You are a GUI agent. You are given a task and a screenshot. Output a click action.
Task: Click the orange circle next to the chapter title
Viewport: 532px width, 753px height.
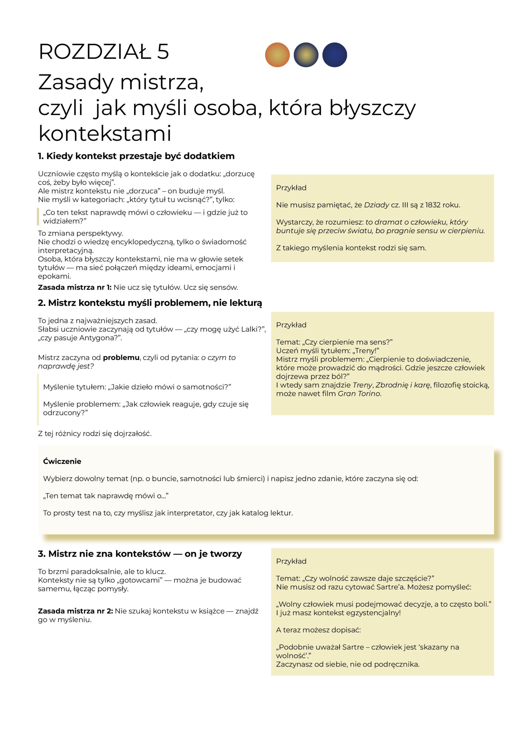277,55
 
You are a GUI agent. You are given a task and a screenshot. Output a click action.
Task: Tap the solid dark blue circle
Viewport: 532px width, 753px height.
334,55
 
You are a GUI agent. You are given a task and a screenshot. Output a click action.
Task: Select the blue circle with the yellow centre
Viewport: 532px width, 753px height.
306,55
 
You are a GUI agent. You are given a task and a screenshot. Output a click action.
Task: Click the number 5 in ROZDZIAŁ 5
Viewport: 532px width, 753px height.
163,52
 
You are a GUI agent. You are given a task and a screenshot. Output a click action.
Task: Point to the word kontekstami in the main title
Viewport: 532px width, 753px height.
105,134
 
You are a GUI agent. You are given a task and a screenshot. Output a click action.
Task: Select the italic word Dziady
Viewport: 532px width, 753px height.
377,205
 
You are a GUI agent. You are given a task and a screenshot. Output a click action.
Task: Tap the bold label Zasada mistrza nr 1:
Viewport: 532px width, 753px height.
75,287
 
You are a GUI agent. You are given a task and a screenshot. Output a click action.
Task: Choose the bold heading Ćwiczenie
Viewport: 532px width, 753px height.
62,461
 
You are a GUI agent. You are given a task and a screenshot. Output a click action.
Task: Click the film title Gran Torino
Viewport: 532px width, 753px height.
359,394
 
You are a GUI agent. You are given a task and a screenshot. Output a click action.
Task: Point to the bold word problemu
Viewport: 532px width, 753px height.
121,357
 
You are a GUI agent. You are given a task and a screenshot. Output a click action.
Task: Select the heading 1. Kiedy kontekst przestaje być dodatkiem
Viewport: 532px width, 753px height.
136,156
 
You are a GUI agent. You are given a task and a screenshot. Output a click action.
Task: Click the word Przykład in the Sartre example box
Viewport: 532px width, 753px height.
291,561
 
